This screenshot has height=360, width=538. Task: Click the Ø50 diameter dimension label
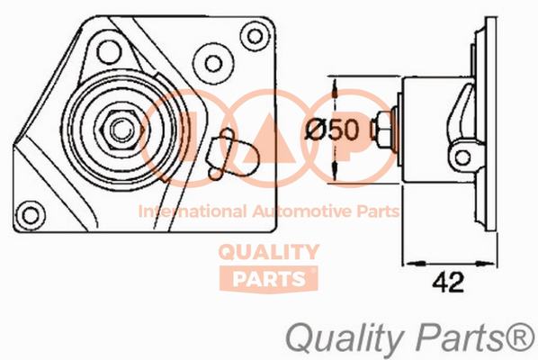(332, 130)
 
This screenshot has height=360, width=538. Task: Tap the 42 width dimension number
(448, 283)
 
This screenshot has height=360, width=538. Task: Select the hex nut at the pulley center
(120, 130)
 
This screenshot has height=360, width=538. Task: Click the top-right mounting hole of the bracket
(255, 36)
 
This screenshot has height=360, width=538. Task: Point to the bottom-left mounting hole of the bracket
(31, 215)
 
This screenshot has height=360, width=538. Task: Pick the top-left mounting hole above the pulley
(109, 52)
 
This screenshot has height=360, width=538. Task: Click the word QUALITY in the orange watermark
(269, 252)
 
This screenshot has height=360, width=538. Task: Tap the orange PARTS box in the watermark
(269, 279)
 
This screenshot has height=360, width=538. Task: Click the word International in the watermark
(193, 211)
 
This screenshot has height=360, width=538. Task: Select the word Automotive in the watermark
(302, 211)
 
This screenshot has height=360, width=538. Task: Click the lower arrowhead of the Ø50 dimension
(335, 173)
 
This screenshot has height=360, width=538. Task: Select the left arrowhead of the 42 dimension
(414, 263)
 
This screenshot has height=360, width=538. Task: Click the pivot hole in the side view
(462, 157)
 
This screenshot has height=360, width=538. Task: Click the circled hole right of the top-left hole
(213, 64)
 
